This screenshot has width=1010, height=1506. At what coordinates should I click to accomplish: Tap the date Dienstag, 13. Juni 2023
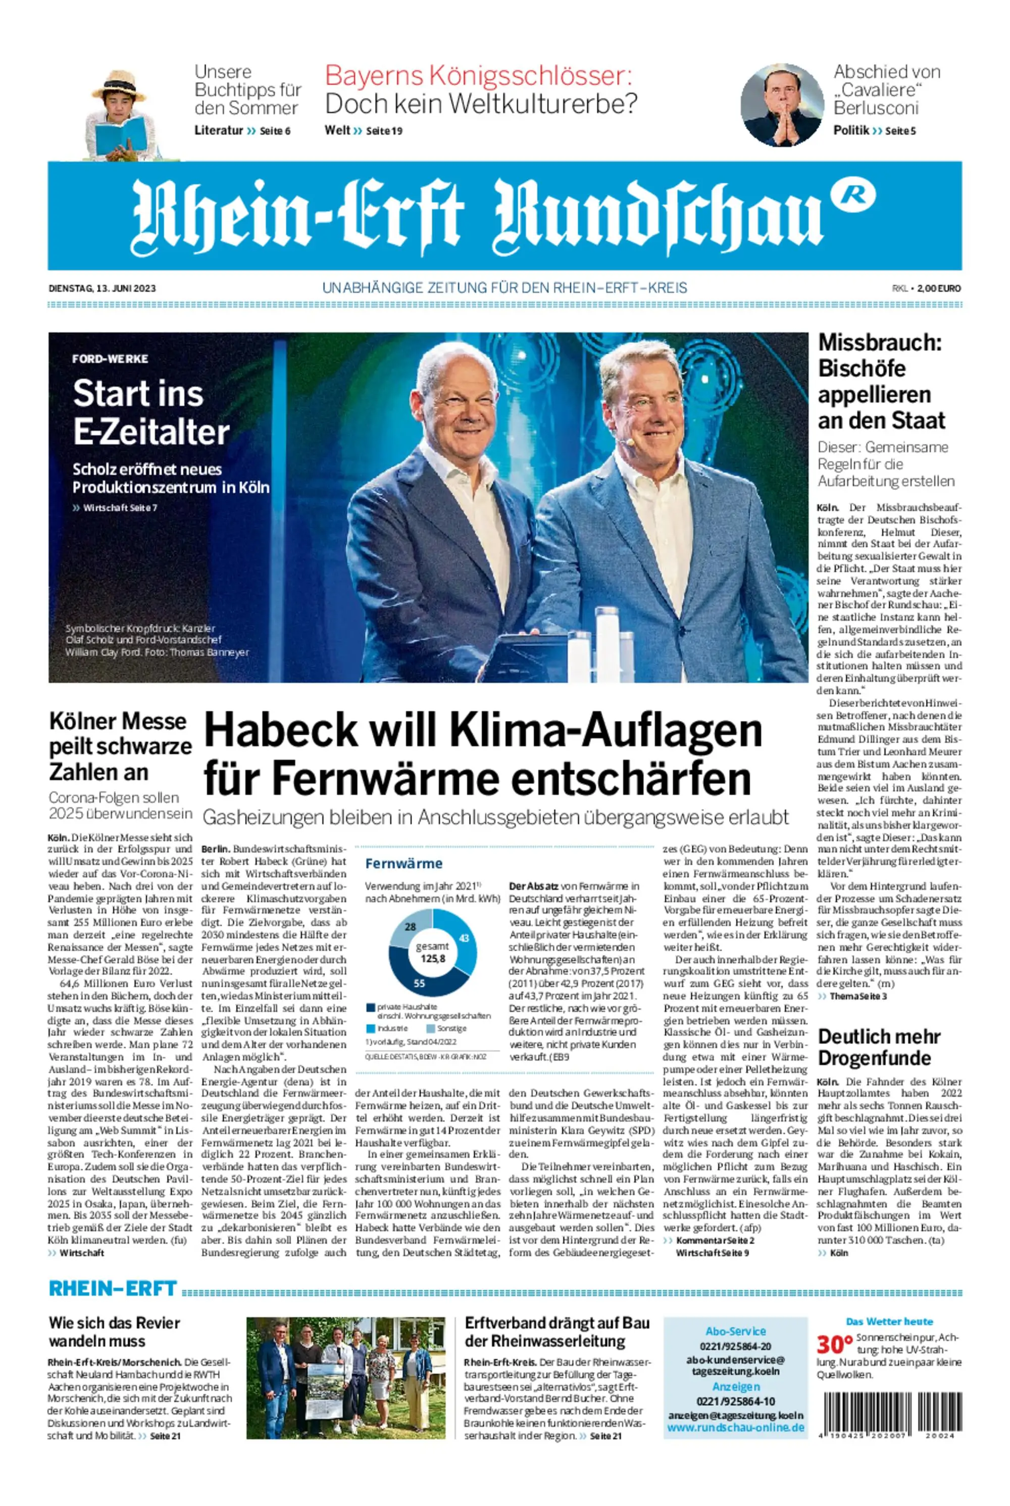pyautogui.click(x=102, y=288)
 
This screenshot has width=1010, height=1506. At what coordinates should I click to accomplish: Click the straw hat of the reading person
pyautogui.click(x=120, y=86)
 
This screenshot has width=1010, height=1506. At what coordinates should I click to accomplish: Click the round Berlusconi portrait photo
pyautogui.click(x=781, y=105)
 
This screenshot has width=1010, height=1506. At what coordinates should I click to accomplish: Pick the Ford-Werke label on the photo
pyautogui.click(x=110, y=358)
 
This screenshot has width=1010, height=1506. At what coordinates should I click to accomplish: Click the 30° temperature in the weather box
pyautogui.click(x=834, y=1345)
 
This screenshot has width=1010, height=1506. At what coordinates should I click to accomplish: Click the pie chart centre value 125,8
pyautogui.click(x=432, y=958)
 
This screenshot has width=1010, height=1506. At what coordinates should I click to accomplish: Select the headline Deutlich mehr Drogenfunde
pyautogui.click(x=879, y=1047)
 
